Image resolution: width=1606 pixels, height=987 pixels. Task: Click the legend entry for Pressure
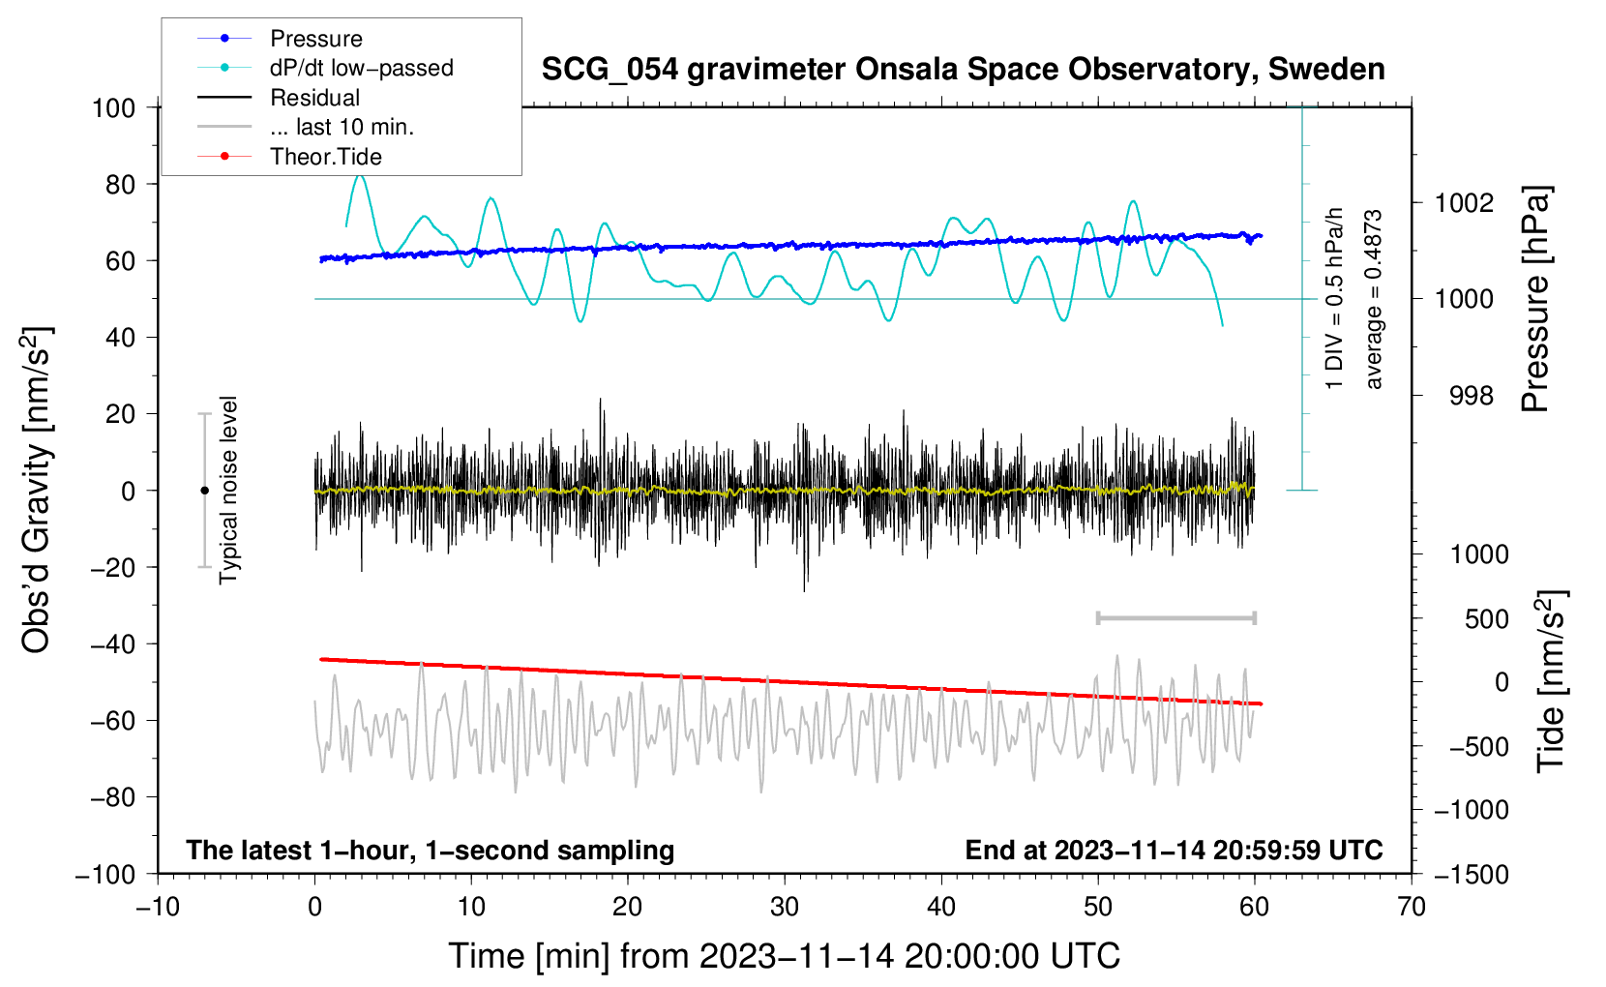coord(281,38)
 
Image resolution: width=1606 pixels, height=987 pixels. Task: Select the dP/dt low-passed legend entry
coord(325,68)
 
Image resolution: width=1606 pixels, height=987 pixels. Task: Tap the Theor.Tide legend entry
coord(289,157)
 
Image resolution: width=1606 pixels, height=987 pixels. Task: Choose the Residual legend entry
coord(279,98)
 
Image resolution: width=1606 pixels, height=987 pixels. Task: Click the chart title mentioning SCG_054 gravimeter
coord(963,70)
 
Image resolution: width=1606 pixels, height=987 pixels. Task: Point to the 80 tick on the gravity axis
coord(120,185)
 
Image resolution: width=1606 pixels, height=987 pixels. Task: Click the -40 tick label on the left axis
coord(112,644)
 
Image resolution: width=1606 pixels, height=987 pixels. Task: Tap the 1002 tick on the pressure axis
coord(1464,203)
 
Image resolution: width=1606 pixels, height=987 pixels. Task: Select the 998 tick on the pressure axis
coord(1472,395)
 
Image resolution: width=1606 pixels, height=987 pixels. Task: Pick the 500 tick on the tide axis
coord(1486,619)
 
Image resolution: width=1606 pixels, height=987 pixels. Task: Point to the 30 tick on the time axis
coord(785,908)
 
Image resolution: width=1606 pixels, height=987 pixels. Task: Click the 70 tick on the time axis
coord(1411,908)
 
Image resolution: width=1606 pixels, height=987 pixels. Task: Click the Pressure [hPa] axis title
coord(1536,299)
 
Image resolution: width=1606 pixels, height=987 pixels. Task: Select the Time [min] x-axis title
coord(785,956)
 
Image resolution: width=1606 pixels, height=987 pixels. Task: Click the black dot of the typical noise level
coord(204,491)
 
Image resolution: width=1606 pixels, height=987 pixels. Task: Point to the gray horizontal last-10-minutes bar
coord(1175,617)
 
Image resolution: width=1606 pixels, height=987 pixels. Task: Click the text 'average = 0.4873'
coord(1373,300)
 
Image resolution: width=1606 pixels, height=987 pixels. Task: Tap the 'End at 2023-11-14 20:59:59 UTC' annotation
coord(1174,850)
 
